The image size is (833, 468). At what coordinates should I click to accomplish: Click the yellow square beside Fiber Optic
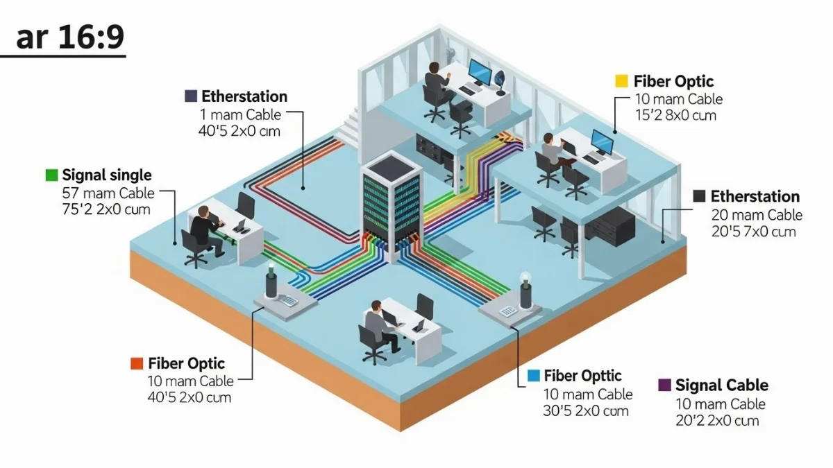tap(621, 81)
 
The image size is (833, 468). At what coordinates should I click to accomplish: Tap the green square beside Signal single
tap(51, 175)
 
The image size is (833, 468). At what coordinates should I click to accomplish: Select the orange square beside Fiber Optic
tap(136, 363)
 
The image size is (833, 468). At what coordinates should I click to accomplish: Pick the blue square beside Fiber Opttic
tap(534, 376)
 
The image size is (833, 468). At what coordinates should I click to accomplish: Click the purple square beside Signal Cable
tap(664, 385)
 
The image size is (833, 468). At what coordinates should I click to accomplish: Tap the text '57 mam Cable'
tap(108, 193)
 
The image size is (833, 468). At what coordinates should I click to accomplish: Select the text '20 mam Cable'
tap(757, 215)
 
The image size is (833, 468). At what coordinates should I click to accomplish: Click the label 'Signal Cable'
tap(722, 385)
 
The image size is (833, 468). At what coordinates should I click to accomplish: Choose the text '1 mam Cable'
tap(240, 114)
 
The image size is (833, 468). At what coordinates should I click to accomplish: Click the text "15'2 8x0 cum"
tap(675, 116)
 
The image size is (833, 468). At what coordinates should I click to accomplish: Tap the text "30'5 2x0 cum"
tap(586, 410)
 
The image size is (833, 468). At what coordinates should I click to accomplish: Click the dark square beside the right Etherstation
tap(699, 196)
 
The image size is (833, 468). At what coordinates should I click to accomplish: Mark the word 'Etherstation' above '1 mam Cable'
tap(244, 96)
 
